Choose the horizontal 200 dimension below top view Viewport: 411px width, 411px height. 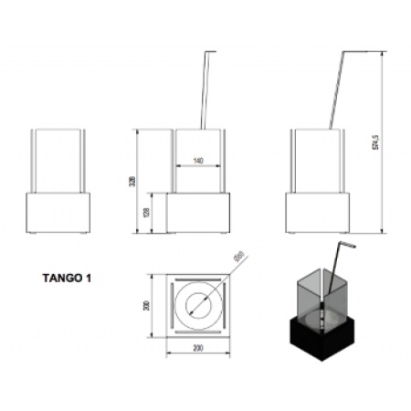pyautogui.click(x=197, y=348)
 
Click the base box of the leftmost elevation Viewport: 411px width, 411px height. pyautogui.click(x=60, y=212)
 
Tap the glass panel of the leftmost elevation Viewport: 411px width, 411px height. pyautogui.click(x=60, y=160)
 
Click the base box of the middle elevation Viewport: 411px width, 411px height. pyautogui.click(x=197, y=212)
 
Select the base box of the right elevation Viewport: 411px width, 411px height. pyautogui.click(x=317, y=212)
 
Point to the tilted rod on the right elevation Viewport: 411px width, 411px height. pyautogui.click(x=335, y=91)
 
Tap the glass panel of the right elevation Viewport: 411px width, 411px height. pyautogui.click(x=317, y=160)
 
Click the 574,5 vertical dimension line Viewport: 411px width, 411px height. pyautogui.click(x=381, y=142)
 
